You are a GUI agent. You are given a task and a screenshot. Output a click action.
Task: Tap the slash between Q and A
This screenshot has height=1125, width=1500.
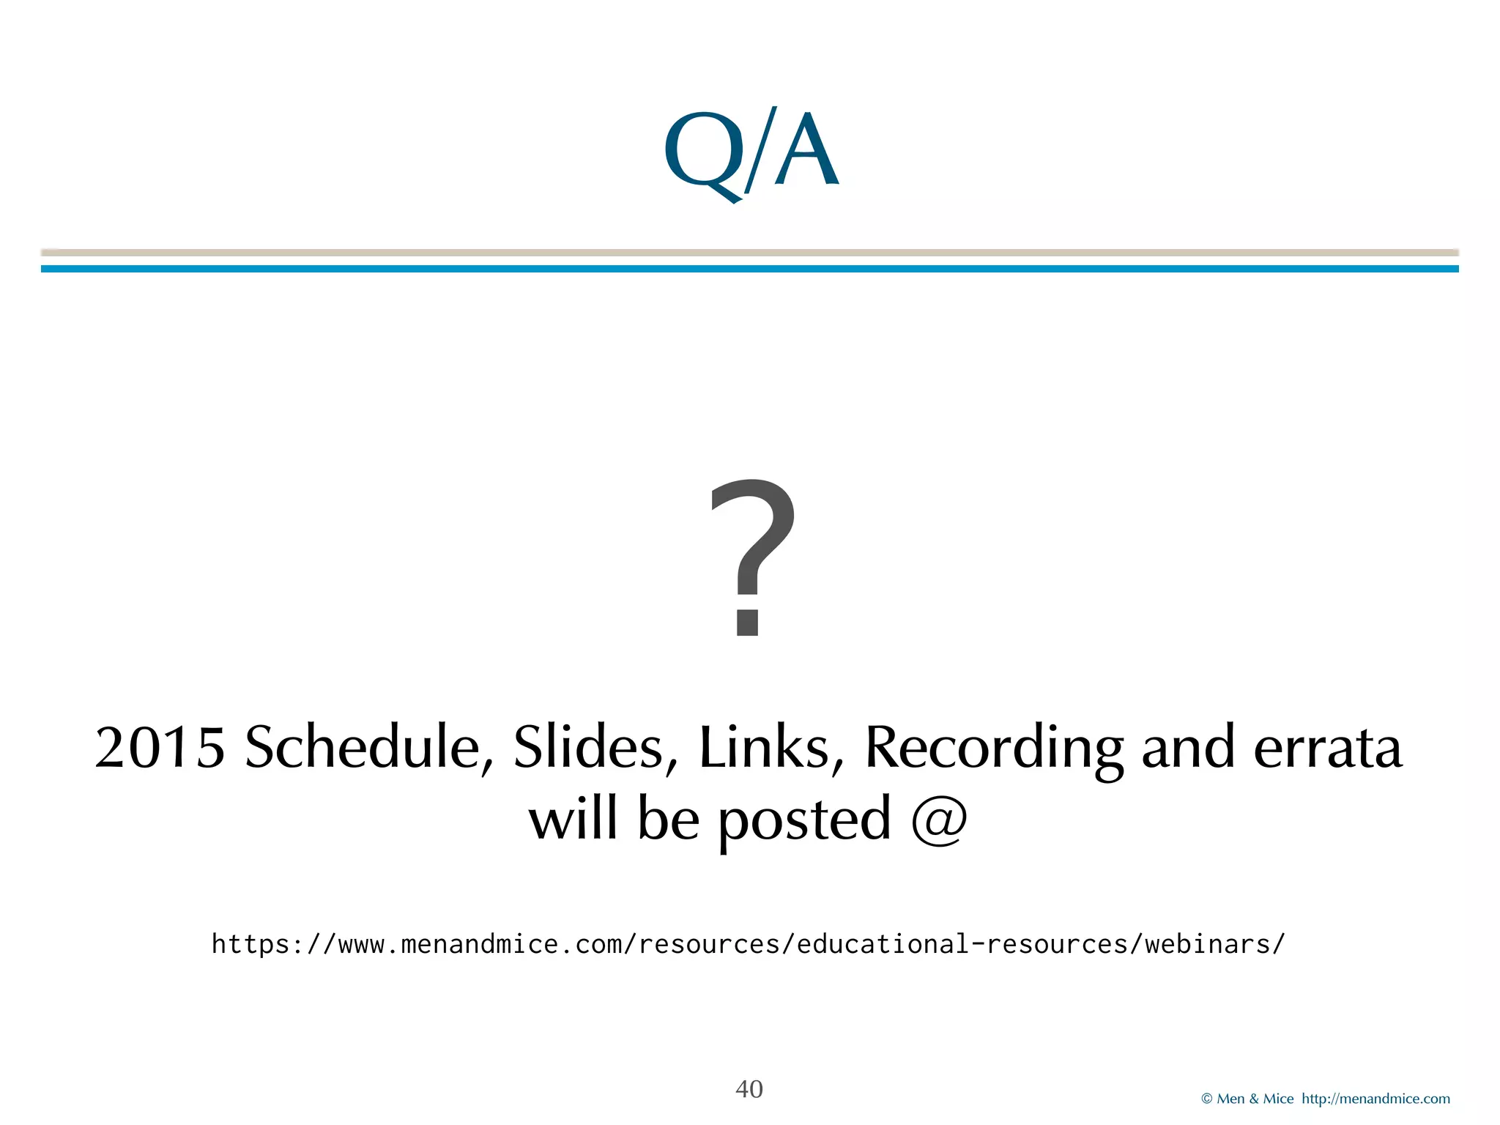pyautogui.click(x=759, y=150)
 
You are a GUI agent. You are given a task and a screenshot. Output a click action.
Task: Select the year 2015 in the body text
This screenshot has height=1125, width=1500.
pyautogui.click(x=160, y=748)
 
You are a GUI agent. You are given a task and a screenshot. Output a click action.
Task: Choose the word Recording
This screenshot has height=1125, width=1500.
pyautogui.click(x=993, y=748)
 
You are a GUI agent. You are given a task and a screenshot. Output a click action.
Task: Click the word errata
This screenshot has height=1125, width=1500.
pyautogui.click(x=1327, y=748)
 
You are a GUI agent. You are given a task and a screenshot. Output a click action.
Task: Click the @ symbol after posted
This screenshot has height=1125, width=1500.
pyautogui.click(x=939, y=819)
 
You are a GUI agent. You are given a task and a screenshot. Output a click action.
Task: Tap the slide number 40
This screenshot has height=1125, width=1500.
pyautogui.click(x=749, y=1089)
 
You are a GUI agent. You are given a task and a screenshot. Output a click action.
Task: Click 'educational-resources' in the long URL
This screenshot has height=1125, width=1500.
pyautogui.click(x=962, y=944)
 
